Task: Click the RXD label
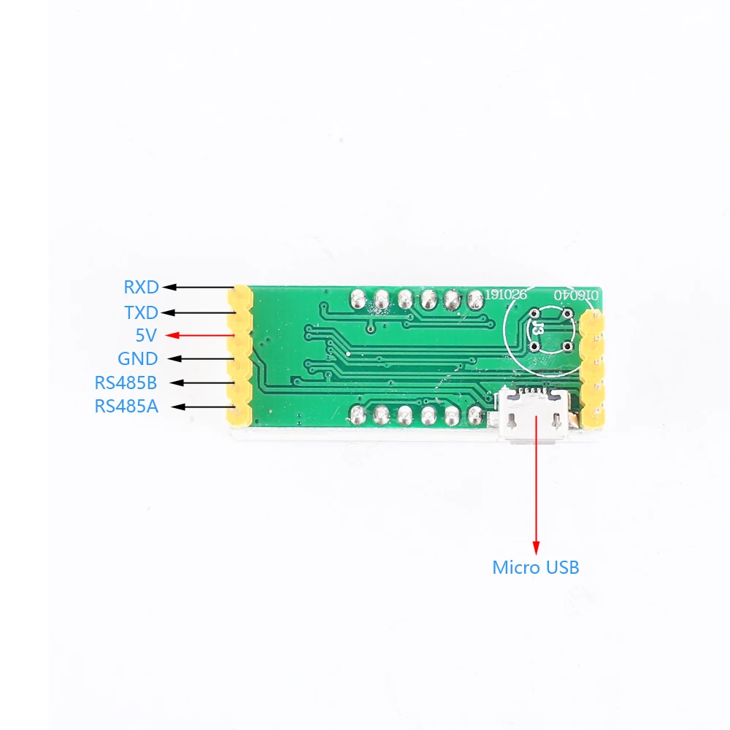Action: pyautogui.click(x=141, y=288)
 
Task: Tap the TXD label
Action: pyautogui.click(x=141, y=312)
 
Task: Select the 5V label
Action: pyautogui.click(x=147, y=335)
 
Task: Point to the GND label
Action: pyautogui.click(x=137, y=358)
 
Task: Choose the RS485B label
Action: pyautogui.click(x=126, y=383)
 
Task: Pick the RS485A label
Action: pyautogui.click(x=126, y=407)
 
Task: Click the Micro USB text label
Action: pyautogui.click(x=536, y=567)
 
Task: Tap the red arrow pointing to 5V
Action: pyautogui.click(x=201, y=335)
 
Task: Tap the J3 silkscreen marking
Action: pyautogui.click(x=538, y=328)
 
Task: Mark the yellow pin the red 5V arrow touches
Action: pyautogui.click(x=239, y=337)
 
